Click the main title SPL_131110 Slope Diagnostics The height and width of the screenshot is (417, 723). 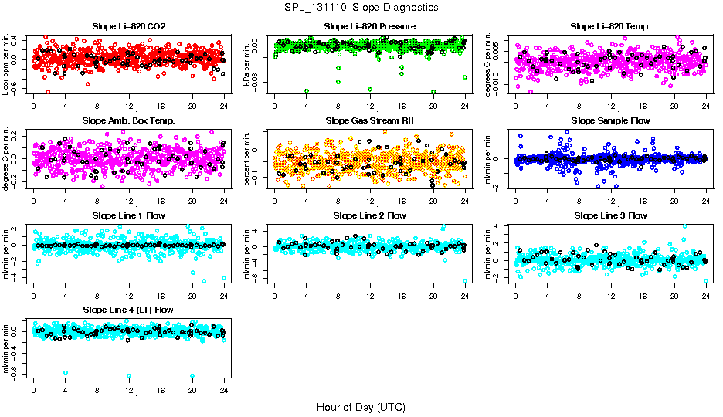click(361, 7)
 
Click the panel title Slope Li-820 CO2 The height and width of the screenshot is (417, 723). click(128, 26)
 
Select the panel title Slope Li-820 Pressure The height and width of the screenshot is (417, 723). click(370, 26)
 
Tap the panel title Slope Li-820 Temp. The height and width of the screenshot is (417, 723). click(610, 26)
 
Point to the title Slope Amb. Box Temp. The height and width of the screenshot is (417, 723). click(128, 120)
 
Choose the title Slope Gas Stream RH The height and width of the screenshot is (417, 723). click(370, 120)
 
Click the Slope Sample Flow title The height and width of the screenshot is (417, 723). click(610, 120)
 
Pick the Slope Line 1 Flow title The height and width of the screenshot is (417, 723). click(128, 215)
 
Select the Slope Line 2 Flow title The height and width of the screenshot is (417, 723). click(370, 215)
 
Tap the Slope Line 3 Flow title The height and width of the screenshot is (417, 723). click(610, 215)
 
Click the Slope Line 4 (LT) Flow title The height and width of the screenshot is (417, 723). click(128, 310)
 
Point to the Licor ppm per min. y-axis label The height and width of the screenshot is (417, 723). click(7, 63)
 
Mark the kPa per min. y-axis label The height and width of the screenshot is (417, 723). click(248, 63)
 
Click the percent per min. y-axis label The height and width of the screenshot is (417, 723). click(248, 158)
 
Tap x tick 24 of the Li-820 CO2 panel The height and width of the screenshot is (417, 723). click(224, 106)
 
